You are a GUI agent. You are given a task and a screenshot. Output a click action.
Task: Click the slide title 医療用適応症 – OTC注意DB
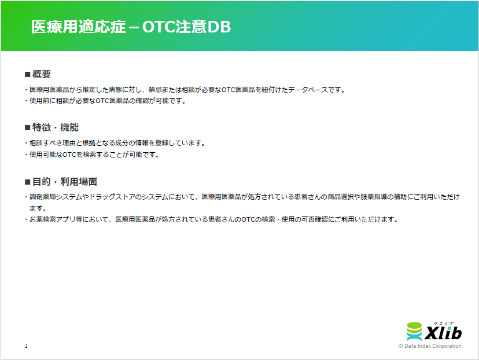click(x=131, y=27)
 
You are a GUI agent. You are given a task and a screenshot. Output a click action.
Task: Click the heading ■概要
click(x=38, y=74)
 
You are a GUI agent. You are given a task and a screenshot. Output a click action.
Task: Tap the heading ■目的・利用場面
click(x=60, y=181)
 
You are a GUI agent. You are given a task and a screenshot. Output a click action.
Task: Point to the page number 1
click(x=26, y=346)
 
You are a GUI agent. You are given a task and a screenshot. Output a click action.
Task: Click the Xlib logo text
click(x=443, y=334)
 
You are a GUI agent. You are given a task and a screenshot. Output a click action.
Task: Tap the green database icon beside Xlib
click(x=415, y=332)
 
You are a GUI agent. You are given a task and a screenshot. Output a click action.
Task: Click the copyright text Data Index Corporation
click(x=430, y=346)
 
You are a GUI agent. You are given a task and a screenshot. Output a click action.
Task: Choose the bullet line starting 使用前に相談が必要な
click(x=107, y=101)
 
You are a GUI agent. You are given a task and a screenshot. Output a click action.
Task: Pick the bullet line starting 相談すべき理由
click(x=117, y=143)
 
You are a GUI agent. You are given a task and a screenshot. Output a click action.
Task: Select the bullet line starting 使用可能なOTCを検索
click(x=94, y=155)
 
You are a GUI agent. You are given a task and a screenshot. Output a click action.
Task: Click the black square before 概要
click(x=27, y=75)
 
